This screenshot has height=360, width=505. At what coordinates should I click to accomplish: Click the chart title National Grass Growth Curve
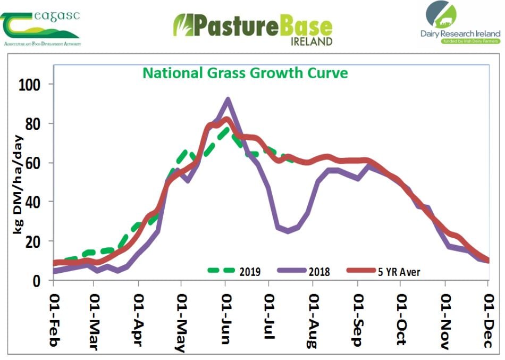click(x=246, y=72)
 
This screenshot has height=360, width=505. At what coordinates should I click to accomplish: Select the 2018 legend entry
click(x=319, y=272)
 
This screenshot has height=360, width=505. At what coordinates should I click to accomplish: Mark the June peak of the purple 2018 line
click(x=228, y=99)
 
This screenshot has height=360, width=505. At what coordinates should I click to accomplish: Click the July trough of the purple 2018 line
click(x=288, y=231)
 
